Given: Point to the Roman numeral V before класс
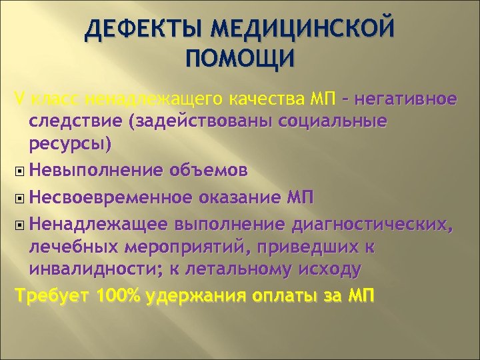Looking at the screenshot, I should [x=18, y=101].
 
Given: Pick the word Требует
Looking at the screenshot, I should [x=52, y=295].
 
